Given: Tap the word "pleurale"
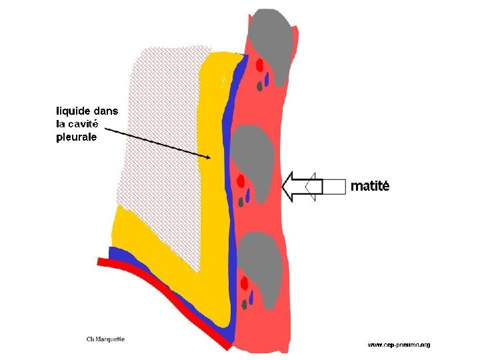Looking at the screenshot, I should coord(76,137).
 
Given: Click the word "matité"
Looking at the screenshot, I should coord(369,187).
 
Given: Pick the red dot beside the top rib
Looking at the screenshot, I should coord(260,65).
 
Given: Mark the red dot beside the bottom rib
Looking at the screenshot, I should coord(245,283).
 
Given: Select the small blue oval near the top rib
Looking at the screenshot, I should coord(267,79).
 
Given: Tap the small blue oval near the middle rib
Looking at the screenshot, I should coord(248,195).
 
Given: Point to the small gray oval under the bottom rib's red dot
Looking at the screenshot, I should coord(245,305).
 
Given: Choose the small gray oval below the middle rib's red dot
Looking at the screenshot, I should coord(240,202).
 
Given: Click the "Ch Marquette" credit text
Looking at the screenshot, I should coord(106,339).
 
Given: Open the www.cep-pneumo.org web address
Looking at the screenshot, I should coord(399,345).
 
